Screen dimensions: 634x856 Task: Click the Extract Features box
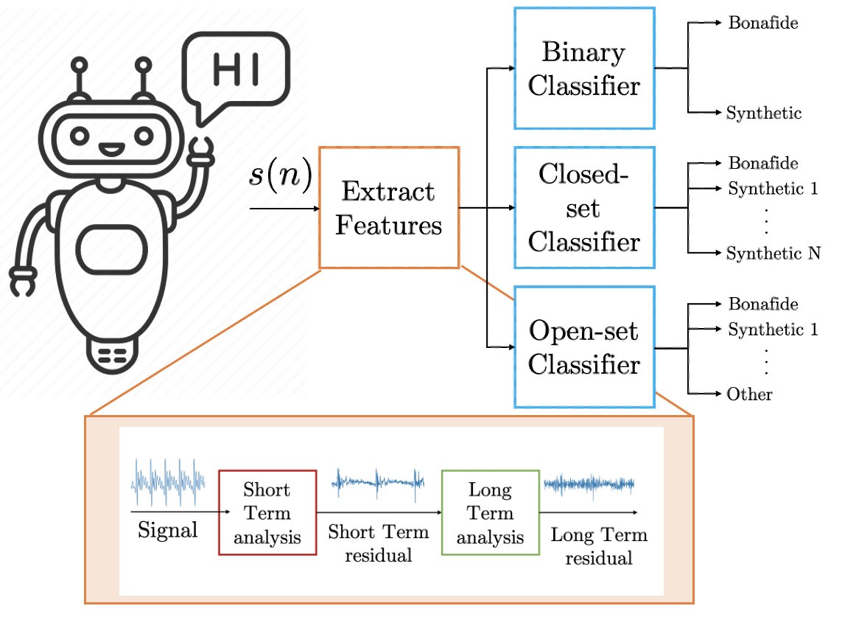pyautogui.click(x=388, y=207)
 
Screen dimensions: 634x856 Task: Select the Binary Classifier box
pyautogui.click(x=583, y=69)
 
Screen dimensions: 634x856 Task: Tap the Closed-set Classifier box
pyautogui.click(x=583, y=207)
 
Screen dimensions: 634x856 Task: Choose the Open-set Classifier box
pyautogui.click(x=583, y=346)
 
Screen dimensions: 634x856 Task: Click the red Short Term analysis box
pyautogui.click(x=267, y=512)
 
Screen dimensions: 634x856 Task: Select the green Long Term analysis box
pyautogui.click(x=489, y=512)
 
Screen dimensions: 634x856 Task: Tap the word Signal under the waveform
pyautogui.click(x=168, y=529)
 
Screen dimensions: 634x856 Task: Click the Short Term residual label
pyautogui.click(x=379, y=543)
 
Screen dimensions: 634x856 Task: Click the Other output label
pyautogui.click(x=749, y=394)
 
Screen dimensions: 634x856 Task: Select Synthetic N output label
pyautogui.click(x=773, y=254)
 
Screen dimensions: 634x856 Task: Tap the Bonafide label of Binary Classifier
pyautogui.click(x=762, y=23)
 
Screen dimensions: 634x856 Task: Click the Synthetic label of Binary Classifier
pyautogui.click(x=763, y=114)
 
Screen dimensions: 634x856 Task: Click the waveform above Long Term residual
pyautogui.click(x=589, y=484)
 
